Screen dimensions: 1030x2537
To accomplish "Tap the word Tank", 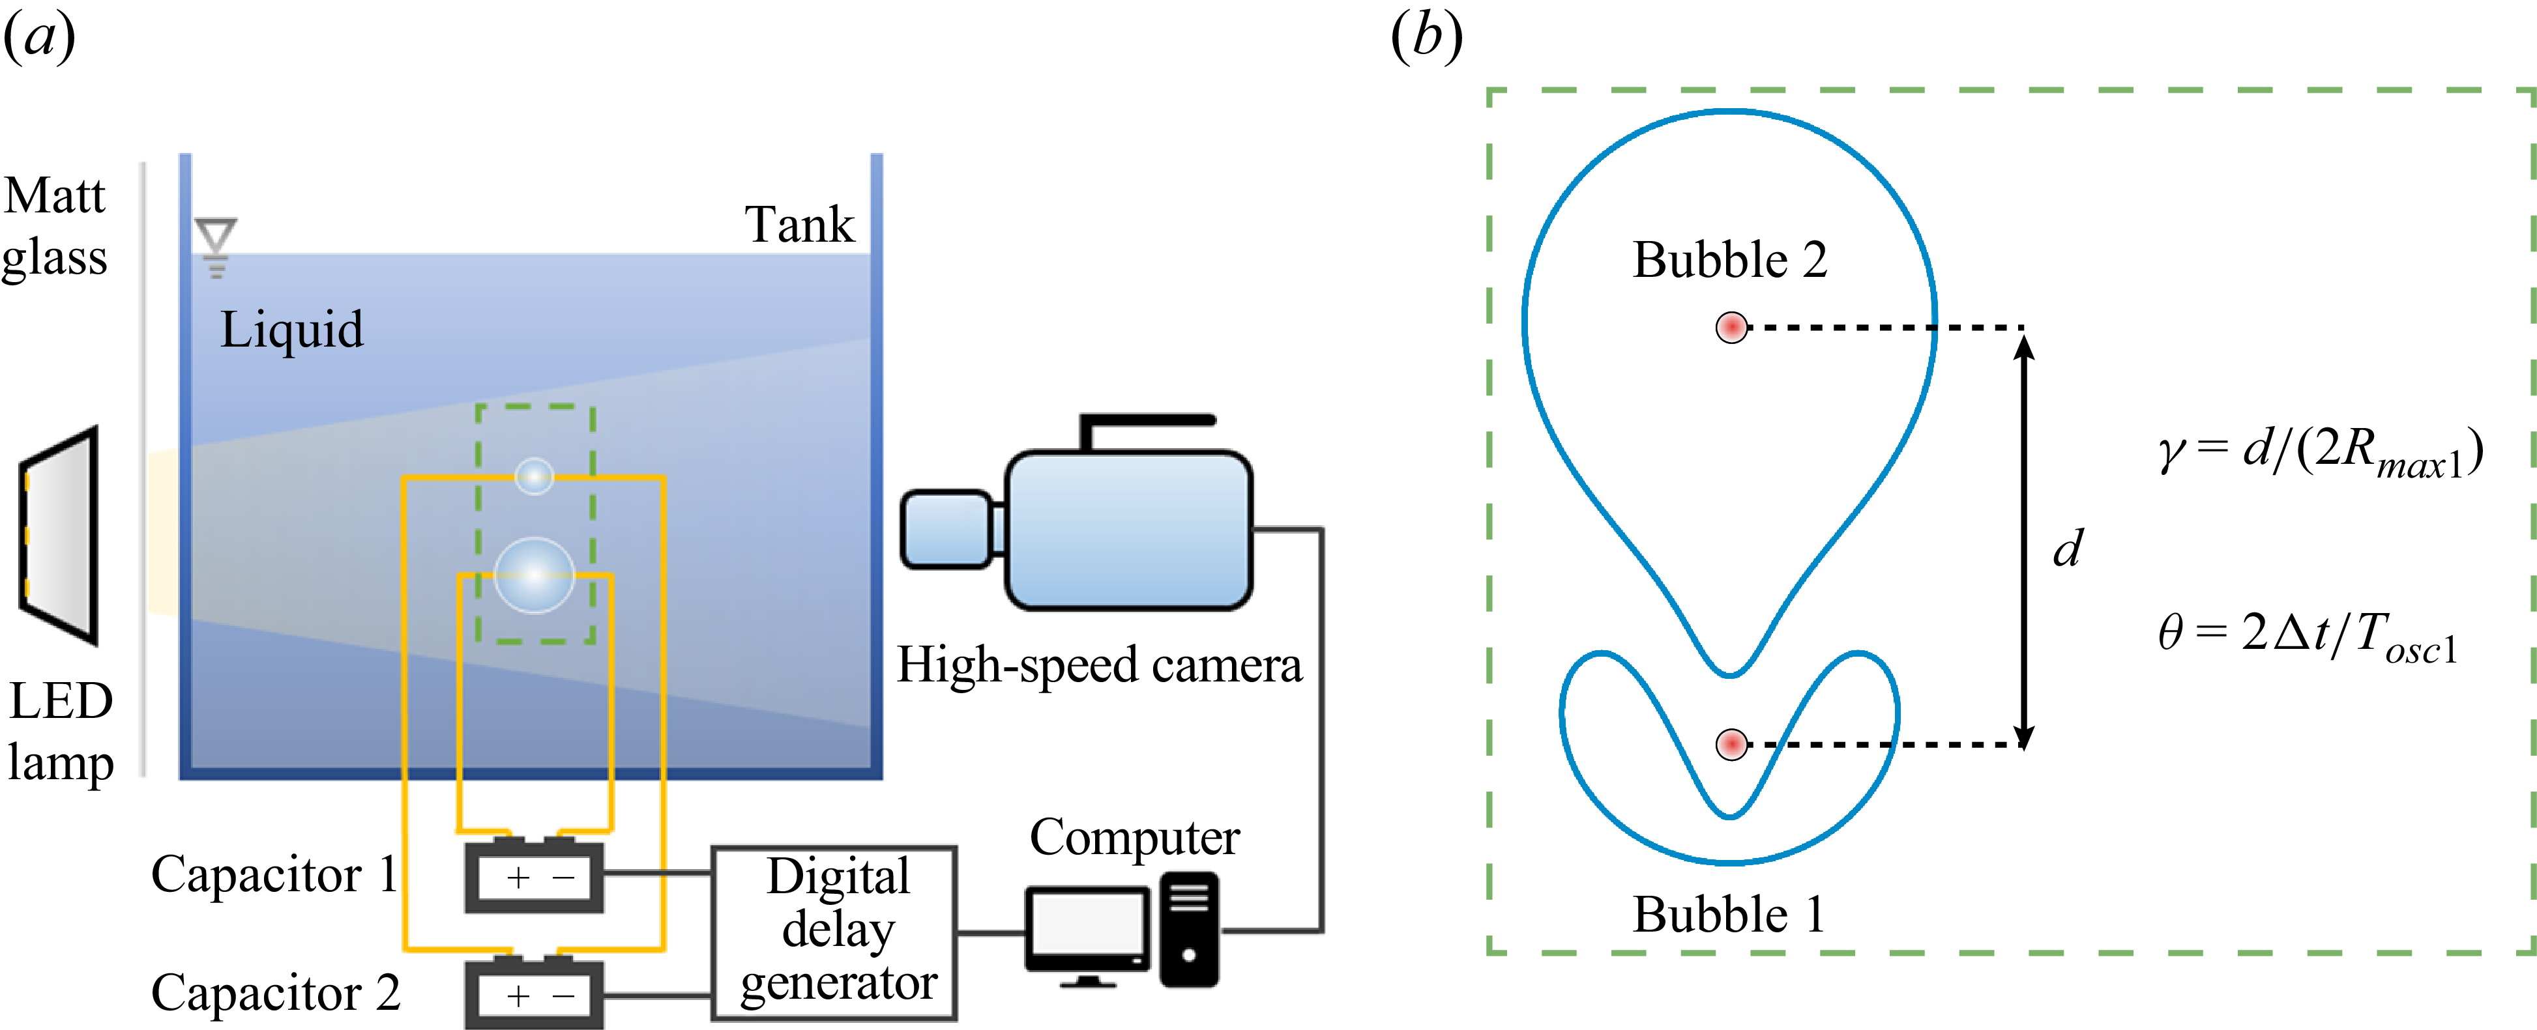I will (x=799, y=225).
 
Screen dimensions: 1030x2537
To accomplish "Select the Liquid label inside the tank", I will (x=291, y=330).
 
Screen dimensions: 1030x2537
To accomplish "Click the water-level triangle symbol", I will (x=216, y=237).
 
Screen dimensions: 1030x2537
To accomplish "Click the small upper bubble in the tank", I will (x=535, y=476).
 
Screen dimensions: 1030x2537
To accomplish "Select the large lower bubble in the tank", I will (x=534, y=575).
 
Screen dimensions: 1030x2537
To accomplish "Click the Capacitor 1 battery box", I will (x=534, y=876).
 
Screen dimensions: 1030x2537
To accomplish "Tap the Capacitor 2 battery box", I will (x=534, y=995).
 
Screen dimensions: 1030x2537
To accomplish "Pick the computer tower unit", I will (x=1189, y=930).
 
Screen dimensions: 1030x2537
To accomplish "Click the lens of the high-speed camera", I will (x=945, y=530).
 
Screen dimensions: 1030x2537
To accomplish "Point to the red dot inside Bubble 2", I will (x=1731, y=327).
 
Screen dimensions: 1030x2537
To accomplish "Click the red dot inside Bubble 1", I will (x=1731, y=743).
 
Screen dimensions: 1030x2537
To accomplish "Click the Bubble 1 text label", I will (x=1729, y=914).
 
